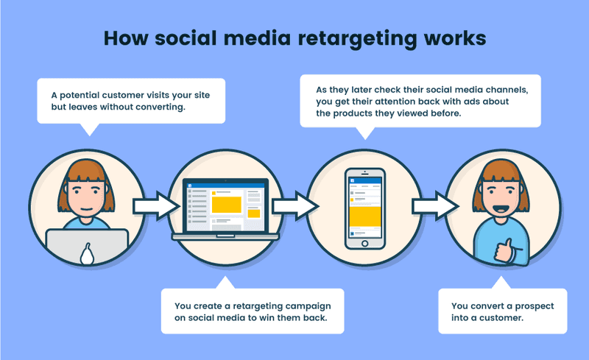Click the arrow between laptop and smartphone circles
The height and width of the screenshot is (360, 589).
(289, 205)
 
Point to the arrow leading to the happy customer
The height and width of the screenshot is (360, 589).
(429, 205)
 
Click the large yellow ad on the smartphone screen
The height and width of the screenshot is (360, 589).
(366, 216)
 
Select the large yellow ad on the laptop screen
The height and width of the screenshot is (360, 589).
(227, 204)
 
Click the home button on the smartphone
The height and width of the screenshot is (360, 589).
(366, 244)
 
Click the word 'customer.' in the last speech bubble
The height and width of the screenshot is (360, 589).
(504, 318)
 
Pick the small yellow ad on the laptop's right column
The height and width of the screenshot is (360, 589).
(254, 213)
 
